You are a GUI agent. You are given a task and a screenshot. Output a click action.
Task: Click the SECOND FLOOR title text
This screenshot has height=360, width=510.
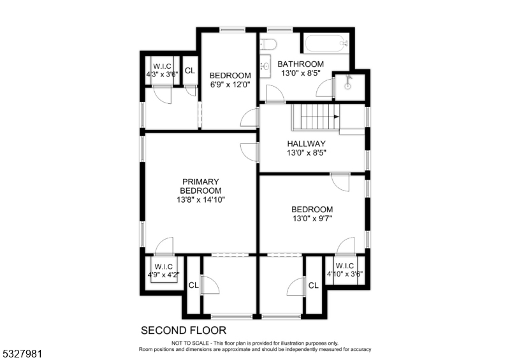tap(183, 330)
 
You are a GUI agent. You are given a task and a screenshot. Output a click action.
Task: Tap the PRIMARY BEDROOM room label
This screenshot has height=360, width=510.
tap(201, 186)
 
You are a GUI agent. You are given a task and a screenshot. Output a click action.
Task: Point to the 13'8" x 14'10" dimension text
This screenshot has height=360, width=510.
tap(201, 199)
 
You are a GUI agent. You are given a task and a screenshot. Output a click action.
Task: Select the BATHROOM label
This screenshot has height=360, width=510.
tap(300, 64)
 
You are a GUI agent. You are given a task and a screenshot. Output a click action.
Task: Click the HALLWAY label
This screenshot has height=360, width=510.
tap(306, 144)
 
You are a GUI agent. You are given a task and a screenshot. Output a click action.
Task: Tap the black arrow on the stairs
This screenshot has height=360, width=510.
tap(335, 117)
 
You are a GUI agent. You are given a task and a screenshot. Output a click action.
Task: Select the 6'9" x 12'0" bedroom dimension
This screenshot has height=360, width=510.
tap(230, 84)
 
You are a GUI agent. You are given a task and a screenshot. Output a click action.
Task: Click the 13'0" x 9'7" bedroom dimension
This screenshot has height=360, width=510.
tap(312, 219)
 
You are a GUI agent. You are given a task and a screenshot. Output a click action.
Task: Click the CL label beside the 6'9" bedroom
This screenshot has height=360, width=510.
tap(189, 70)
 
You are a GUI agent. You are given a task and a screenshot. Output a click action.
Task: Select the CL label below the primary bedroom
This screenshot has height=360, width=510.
tap(193, 285)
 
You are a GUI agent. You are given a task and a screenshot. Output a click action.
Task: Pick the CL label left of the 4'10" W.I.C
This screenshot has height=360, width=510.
tap(313, 285)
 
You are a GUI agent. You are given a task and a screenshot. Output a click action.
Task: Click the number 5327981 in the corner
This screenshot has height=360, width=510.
tap(22, 351)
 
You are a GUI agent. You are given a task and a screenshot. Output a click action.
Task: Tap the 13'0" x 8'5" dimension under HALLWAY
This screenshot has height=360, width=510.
tap(306, 153)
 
